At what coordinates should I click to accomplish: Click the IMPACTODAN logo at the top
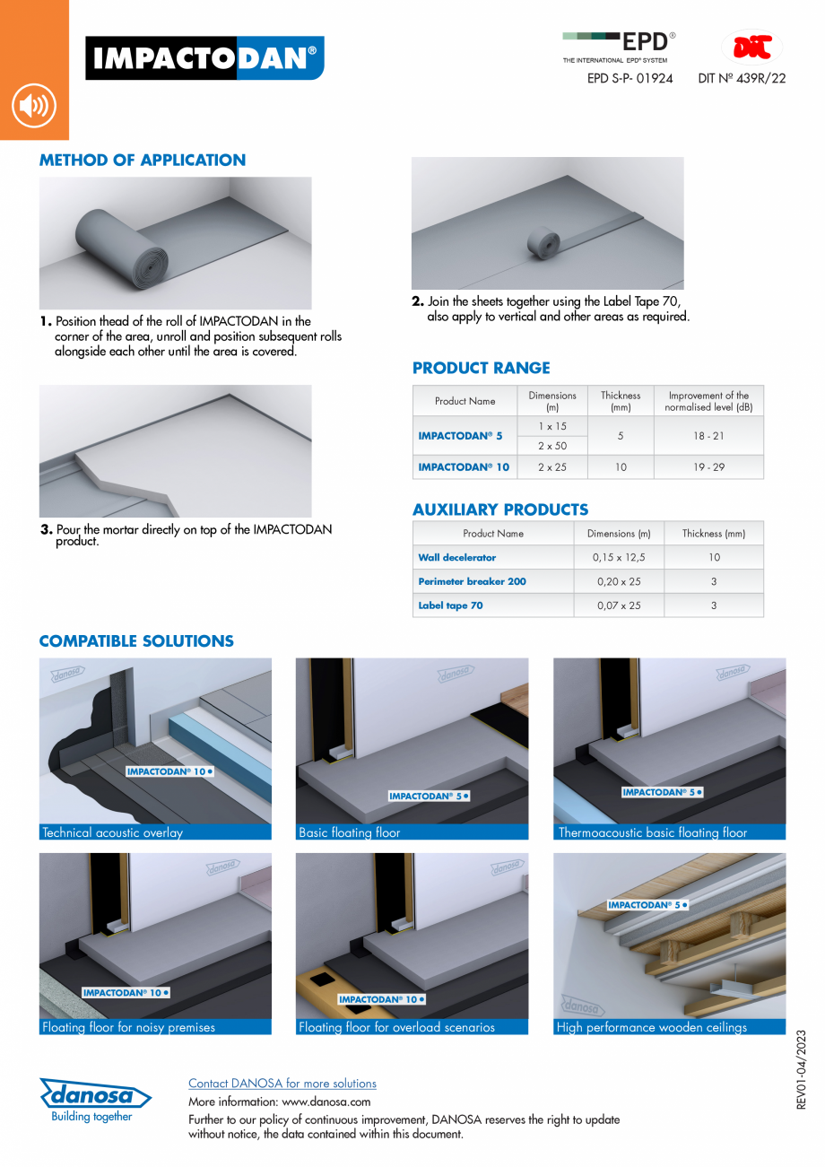pyautogui.click(x=204, y=58)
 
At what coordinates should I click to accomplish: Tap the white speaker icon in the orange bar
pyautogui.click(x=34, y=107)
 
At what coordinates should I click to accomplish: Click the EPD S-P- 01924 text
pyautogui.click(x=630, y=78)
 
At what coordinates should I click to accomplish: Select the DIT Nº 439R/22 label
pyautogui.click(x=742, y=78)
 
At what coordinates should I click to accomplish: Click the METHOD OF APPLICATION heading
pyautogui.click(x=142, y=161)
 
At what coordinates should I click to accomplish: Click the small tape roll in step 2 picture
pyautogui.click(x=542, y=243)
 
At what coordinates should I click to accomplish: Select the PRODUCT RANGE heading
pyautogui.click(x=481, y=368)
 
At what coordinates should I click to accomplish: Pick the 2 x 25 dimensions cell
pyautogui.click(x=552, y=467)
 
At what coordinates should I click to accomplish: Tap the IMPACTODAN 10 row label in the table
pyautogui.click(x=464, y=467)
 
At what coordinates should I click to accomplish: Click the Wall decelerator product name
pyautogui.click(x=456, y=557)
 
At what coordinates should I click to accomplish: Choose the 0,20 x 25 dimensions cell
pyautogui.click(x=618, y=581)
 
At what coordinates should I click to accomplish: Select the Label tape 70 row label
pyautogui.click(x=450, y=605)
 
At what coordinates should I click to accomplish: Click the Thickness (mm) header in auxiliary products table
pyautogui.click(x=713, y=533)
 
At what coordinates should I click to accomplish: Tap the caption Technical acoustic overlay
pyautogui.click(x=112, y=832)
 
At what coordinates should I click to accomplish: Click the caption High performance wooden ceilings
pyautogui.click(x=651, y=1027)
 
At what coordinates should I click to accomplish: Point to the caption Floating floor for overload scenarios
pyautogui.click(x=396, y=1027)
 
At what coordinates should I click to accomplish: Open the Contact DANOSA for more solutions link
pyautogui.click(x=282, y=1084)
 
